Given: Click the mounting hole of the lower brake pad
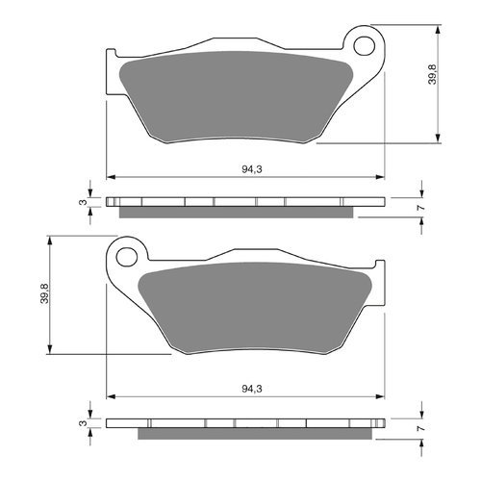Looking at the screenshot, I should click(125, 256).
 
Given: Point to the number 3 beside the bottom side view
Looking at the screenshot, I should click(83, 423).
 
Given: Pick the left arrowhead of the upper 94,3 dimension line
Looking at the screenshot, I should click(110, 178).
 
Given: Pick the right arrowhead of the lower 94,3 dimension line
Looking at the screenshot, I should click(380, 394).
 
